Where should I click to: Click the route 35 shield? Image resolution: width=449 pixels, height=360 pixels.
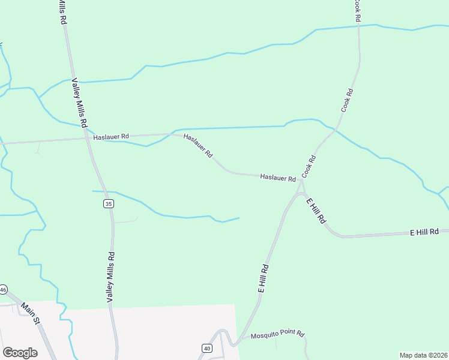(x=108, y=204)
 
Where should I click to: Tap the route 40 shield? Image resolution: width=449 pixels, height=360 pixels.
(x=207, y=348)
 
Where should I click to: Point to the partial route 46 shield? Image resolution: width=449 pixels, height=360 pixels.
(x=2, y=290)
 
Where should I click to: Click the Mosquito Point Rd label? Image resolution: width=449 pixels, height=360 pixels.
(x=278, y=335)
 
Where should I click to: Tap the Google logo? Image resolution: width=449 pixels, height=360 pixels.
(x=20, y=353)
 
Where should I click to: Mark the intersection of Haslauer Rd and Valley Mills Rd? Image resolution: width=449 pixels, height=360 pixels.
(x=88, y=137)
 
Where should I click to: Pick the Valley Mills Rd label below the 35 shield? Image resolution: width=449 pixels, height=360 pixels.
(x=110, y=277)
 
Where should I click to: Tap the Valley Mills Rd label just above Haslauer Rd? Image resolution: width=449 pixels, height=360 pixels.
(x=80, y=101)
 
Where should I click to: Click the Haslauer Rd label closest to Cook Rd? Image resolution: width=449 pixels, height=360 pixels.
(x=278, y=178)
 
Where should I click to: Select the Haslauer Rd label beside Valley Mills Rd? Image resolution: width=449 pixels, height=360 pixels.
(x=111, y=137)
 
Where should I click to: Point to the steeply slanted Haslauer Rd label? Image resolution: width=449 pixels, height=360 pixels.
(x=198, y=146)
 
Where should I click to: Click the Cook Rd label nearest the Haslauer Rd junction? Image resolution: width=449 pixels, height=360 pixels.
(x=309, y=167)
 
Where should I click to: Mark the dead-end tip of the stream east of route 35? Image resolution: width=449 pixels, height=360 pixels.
(x=239, y=218)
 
